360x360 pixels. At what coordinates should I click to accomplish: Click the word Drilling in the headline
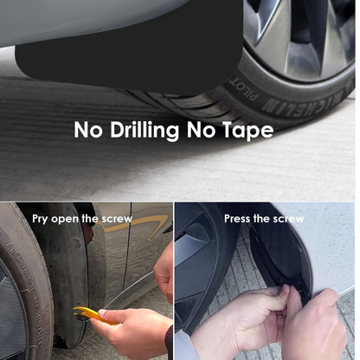145,130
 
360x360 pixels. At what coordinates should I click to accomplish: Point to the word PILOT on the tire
243,90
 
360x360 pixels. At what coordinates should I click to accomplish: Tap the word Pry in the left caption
40,219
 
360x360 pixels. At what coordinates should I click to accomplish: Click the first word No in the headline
88,131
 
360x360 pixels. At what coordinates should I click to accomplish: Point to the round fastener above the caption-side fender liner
76,242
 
